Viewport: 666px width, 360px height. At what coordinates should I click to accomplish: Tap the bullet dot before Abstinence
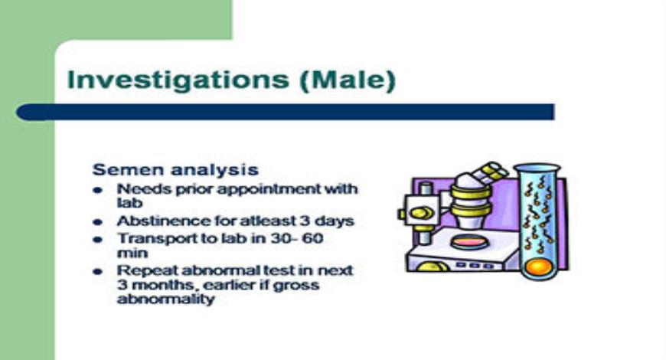(x=97, y=221)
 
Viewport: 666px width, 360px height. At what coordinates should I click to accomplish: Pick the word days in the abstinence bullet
(x=336, y=221)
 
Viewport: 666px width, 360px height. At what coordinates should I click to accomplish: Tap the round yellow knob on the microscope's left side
(x=418, y=213)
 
